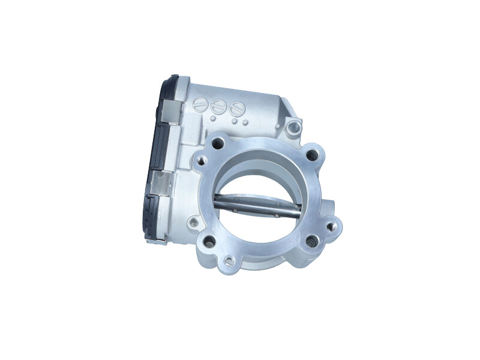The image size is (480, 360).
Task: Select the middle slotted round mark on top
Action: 217,107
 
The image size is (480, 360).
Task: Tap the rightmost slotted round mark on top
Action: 236,109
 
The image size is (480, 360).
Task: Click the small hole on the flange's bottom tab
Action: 229,261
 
